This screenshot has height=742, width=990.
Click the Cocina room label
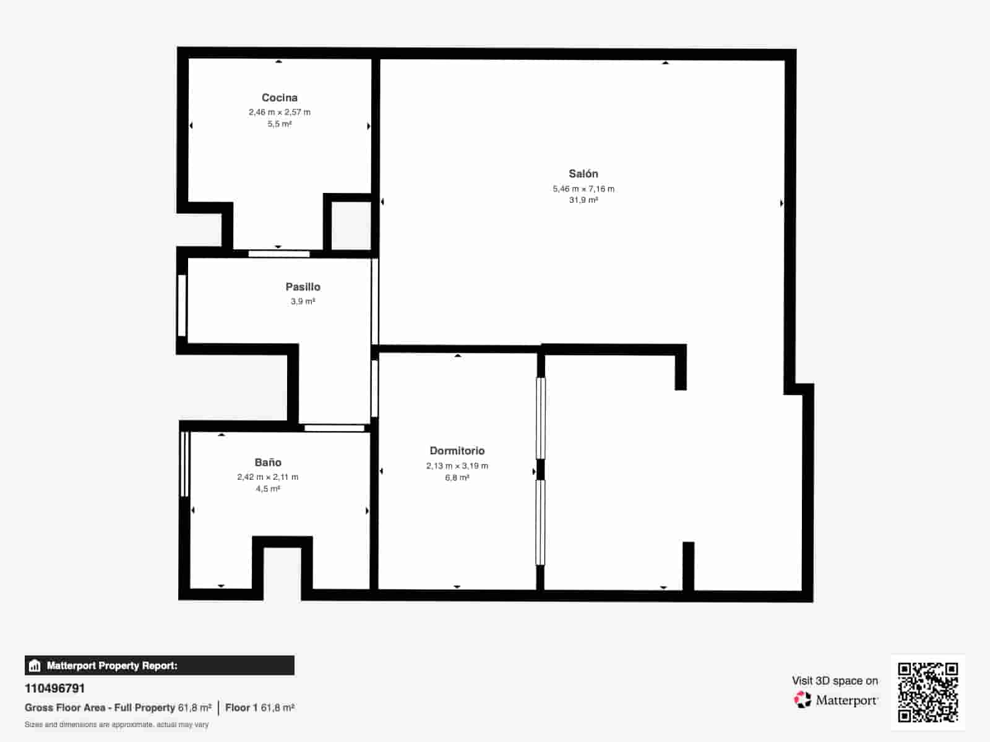click(280, 98)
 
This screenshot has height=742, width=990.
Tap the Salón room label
click(583, 174)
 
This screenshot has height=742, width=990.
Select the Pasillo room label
click(303, 287)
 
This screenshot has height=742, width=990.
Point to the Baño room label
click(268, 463)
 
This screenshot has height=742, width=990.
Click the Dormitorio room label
click(457, 451)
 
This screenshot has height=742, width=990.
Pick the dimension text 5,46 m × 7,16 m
click(583, 189)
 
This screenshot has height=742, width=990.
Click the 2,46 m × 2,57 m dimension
click(280, 112)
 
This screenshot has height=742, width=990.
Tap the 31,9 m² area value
click(583, 200)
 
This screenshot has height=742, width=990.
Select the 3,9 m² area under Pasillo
click(303, 302)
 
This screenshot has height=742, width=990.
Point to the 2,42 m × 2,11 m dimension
click(268, 477)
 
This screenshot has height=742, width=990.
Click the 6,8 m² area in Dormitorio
click(457, 478)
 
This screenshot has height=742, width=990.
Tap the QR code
click(928, 692)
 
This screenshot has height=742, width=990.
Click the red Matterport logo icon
click(803, 700)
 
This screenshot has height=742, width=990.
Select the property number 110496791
click(55, 688)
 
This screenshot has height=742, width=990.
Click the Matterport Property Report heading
click(112, 666)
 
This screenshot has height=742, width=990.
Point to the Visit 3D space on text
click(835, 681)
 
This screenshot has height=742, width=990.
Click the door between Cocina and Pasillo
click(279, 254)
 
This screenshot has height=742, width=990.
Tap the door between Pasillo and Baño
click(334, 428)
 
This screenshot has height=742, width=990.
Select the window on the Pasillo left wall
click(182, 305)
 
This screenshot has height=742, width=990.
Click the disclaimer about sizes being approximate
click(116, 725)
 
